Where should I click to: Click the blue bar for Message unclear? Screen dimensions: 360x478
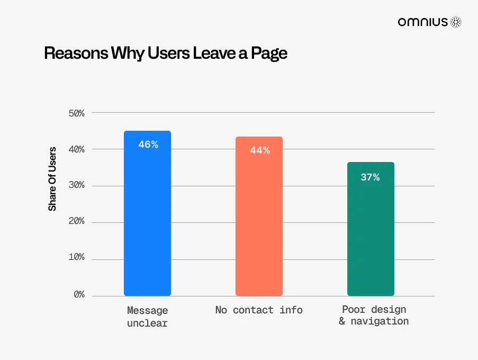(147, 222)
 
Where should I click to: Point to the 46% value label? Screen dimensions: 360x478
(148, 144)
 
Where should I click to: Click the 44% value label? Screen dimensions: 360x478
(260, 150)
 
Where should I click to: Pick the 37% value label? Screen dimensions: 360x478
(370, 177)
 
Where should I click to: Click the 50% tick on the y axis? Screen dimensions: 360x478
(77, 113)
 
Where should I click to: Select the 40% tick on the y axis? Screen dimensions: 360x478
(77, 150)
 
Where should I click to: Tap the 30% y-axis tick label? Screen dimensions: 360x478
(77, 186)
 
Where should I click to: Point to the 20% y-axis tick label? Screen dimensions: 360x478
(77, 222)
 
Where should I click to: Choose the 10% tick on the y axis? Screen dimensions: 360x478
(77, 258)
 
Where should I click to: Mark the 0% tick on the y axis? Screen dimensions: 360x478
(79, 294)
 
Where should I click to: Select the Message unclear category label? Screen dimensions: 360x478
(147, 316)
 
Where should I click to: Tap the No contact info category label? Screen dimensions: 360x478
(259, 310)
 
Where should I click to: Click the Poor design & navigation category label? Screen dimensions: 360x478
(374, 316)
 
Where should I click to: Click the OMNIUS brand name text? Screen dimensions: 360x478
(423, 22)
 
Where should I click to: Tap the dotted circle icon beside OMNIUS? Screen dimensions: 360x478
(456, 22)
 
